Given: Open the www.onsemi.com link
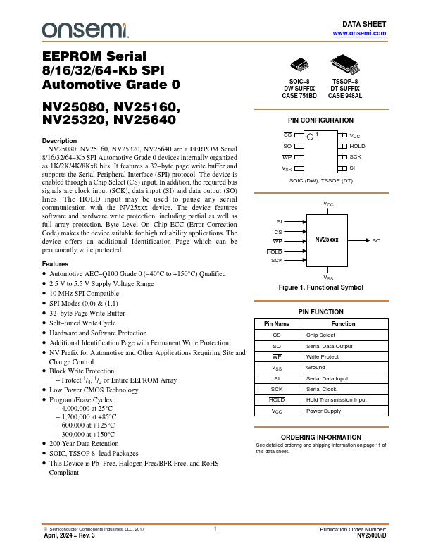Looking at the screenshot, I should click(359, 33).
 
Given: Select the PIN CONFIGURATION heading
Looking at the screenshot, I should click(321, 120).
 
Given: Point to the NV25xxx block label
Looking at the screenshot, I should click(326, 240).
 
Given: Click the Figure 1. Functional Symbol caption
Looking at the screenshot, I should click(321, 287).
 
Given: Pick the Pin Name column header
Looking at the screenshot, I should click(277, 323).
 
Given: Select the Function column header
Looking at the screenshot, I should click(343, 323).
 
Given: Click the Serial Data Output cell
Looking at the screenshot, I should click(329, 346).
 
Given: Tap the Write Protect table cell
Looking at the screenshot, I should click(323, 357).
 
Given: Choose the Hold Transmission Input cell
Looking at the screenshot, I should click(336, 399).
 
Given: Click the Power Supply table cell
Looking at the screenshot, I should click(323, 411).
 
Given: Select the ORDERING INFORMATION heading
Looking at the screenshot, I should click(321, 438).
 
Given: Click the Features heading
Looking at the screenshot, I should click(56, 263).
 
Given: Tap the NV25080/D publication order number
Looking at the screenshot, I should click(371, 535).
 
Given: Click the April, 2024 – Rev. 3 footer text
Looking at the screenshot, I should click(69, 535).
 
